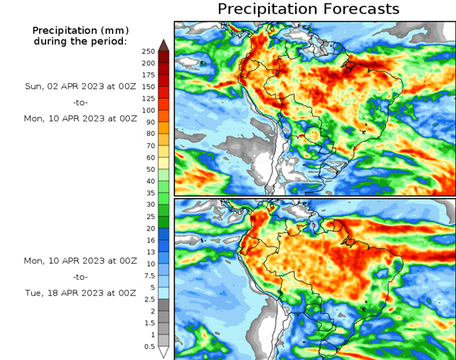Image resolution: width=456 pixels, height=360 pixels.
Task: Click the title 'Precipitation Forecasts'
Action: point(309,9)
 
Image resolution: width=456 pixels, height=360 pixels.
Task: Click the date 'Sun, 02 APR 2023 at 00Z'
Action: point(79,86)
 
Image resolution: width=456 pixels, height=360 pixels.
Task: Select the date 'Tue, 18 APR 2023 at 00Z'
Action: point(79,293)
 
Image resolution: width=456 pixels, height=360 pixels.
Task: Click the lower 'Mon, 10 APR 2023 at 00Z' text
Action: point(79,260)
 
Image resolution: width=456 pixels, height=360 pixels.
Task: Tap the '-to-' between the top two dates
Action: point(79,101)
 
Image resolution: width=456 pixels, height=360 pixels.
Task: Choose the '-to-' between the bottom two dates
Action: point(79,276)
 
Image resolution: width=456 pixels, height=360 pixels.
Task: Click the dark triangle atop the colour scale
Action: point(164,45)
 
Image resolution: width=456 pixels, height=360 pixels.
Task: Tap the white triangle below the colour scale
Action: point(164,352)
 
